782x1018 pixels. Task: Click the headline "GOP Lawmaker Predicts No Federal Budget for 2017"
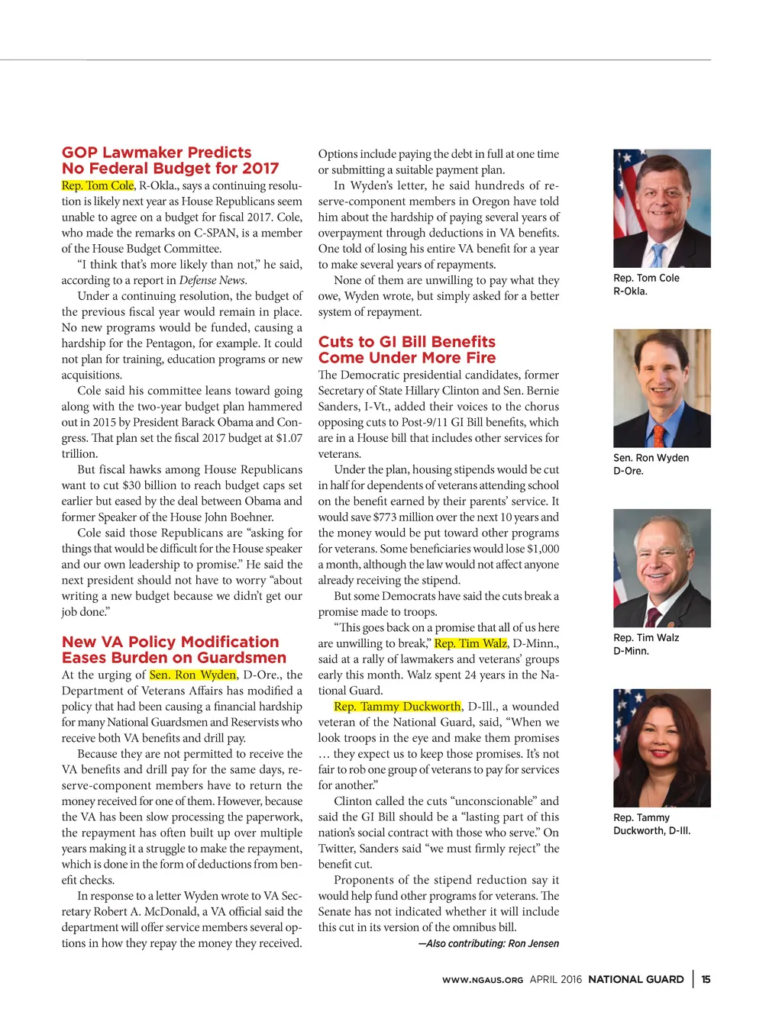pyautogui.click(x=170, y=160)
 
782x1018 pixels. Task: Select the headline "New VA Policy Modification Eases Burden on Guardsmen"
pyautogui.click(x=173, y=650)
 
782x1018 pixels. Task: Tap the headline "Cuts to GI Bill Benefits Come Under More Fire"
pyautogui.click(x=406, y=350)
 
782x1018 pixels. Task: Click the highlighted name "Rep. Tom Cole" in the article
pyautogui.click(x=98, y=185)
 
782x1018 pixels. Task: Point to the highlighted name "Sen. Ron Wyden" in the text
pyautogui.click(x=192, y=675)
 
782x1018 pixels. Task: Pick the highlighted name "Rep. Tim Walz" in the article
pyautogui.click(x=470, y=643)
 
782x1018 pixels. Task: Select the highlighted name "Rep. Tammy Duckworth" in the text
pyautogui.click(x=397, y=707)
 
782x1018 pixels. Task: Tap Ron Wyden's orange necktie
pyautogui.click(x=656, y=433)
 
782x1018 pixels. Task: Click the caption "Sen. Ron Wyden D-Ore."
pyautogui.click(x=651, y=464)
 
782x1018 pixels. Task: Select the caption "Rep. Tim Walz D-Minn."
pyautogui.click(x=645, y=644)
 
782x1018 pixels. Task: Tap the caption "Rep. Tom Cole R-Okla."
pyautogui.click(x=645, y=285)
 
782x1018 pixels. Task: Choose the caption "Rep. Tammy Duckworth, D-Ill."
pyautogui.click(x=651, y=824)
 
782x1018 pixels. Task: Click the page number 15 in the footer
pyautogui.click(x=706, y=979)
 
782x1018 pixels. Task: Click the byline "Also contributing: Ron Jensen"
pyautogui.click(x=489, y=944)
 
